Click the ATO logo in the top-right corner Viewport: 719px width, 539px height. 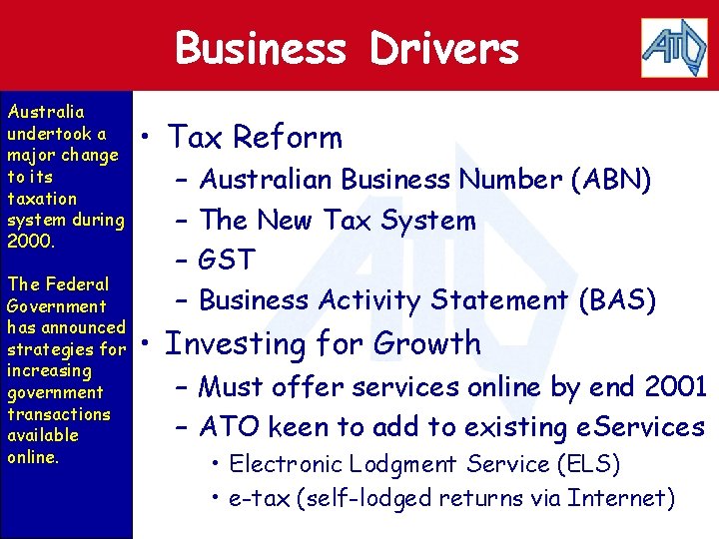coord(673,46)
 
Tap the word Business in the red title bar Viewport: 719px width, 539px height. coord(261,48)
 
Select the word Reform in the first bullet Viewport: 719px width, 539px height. coord(296,138)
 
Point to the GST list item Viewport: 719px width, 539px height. coord(228,260)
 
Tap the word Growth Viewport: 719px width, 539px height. coord(427,343)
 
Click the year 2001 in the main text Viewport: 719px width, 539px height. coord(676,385)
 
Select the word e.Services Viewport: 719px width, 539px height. coord(640,427)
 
